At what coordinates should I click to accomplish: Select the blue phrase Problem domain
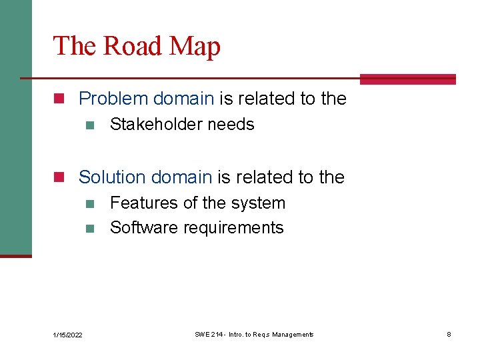146,99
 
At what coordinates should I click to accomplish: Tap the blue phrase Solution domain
145,177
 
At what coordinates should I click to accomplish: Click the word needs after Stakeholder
230,125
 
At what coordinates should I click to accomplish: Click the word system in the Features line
259,203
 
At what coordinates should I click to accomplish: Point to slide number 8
449,334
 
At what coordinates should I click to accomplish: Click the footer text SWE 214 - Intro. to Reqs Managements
254,334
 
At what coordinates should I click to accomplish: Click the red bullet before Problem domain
59,99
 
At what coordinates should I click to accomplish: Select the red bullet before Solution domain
59,178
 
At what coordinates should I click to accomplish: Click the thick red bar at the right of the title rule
407,79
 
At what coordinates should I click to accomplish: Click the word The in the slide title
69,47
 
